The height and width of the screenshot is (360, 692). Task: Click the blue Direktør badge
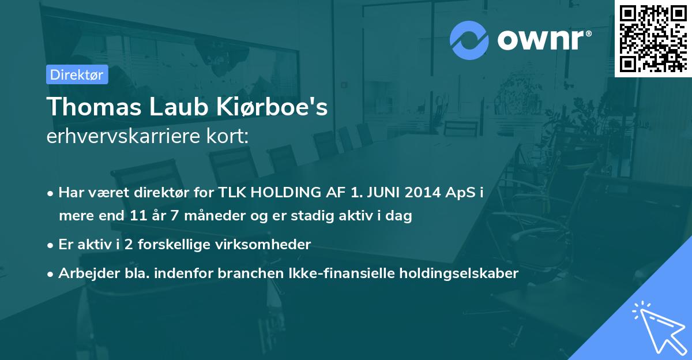point(77,74)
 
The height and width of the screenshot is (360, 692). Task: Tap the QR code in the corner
point(653,39)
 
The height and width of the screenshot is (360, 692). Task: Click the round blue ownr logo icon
point(469,40)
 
